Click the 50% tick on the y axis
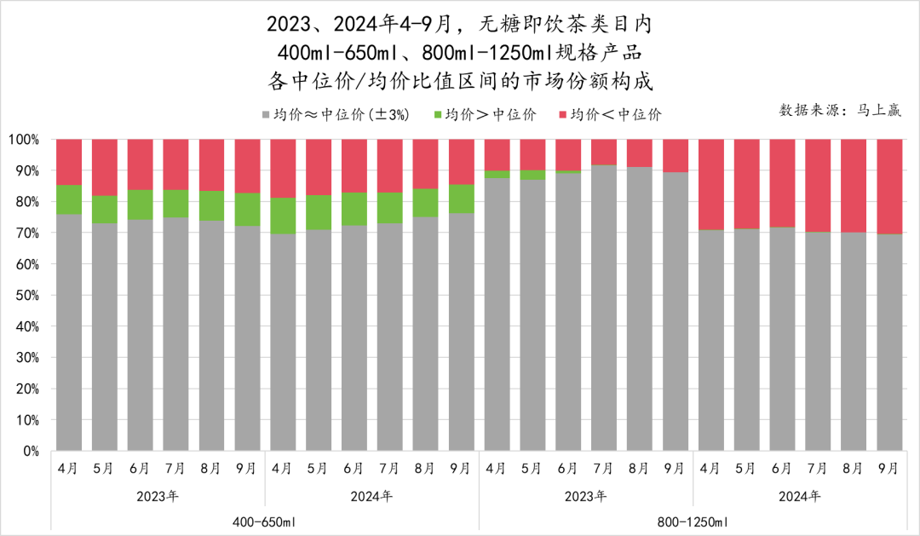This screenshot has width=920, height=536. point(26,296)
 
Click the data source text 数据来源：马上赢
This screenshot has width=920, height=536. point(841,111)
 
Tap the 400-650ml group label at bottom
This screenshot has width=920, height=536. point(265,521)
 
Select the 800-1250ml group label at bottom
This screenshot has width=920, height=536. point(693,521)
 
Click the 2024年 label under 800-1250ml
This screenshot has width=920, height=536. point(800,495)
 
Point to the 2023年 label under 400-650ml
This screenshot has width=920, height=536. point(158,495)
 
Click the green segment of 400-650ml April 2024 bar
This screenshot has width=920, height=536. point(283,216)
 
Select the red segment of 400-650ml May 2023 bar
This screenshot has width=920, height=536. point(105,167)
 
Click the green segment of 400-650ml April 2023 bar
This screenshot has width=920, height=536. point(69,199)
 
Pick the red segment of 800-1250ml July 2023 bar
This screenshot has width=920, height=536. point(604,152)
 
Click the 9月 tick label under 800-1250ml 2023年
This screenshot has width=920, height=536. point(675,469)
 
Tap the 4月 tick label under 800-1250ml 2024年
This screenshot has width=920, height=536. point(710,469)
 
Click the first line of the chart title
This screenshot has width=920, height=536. point(459,22)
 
